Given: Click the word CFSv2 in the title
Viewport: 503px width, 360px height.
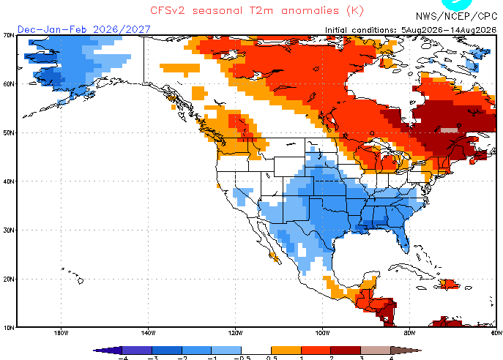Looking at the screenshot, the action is pyautogui.click(x=168, y=10).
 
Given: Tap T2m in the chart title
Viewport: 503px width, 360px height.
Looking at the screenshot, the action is pyautogui.click(x=261, y=10).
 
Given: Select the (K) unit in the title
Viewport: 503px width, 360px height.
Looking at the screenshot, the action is pyautogui.click(x=355, y=10).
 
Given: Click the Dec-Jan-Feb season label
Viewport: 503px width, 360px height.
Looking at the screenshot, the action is pyautogui.click(x=52, y=29).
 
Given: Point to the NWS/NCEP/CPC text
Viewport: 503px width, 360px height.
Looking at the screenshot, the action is pyautogui.click(x=456, y=16).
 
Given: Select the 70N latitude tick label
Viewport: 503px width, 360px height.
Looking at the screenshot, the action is pyautogui.click(x=9, y=35).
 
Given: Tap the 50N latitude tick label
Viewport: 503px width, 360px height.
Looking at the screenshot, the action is pyautogui.click(x=9, y=132).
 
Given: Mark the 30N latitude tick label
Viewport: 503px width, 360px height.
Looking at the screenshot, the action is pyautogui.click(x=9, y=230).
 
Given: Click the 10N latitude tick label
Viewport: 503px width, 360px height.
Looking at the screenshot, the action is pyautogui.click(x=9, y=328).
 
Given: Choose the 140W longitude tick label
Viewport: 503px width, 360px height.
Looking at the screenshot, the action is pyautogui.click(x=148, y=333).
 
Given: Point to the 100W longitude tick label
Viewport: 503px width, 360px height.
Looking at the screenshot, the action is pyautogui.click(x=322, y=333).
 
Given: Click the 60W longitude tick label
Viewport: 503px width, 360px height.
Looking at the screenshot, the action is pyautogui.click(x=496, y=333).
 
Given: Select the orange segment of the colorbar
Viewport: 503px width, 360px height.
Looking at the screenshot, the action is pyautogui.click(x=286, y=350).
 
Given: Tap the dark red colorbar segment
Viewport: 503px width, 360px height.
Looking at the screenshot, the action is pyautogui.click(x=346, y=350).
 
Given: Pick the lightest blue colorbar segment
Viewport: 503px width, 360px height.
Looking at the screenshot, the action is pyautogui.click(x=226, y=350).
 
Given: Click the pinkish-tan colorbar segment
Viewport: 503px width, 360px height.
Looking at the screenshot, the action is pyautogui.click(x=376, y=350).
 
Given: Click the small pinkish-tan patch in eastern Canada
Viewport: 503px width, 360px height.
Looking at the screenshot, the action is pyautogui.click(x=449, y=130).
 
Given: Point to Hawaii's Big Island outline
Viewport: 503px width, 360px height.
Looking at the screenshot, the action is pyautogui.click(x=81, y=281).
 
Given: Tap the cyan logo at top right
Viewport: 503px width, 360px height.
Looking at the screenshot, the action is pyautogui.click(x=457, y=4).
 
